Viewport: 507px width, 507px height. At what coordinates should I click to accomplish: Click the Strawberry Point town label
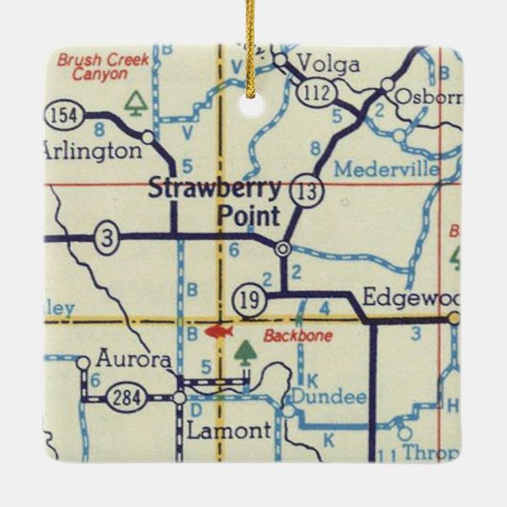tap(214, 201)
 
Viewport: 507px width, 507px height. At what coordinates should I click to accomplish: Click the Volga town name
tap(328, 64)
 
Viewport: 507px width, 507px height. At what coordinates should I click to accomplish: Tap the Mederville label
tap(386, 169)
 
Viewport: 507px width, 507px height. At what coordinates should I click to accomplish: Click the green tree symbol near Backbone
tap(247, 353)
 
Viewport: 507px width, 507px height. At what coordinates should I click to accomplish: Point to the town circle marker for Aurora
tap(83, 362)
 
